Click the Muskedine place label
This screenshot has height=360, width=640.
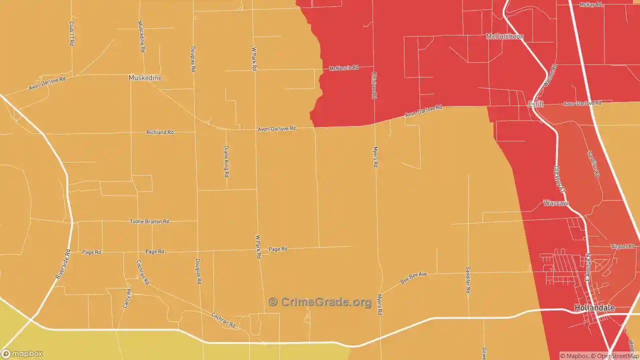point(145,78)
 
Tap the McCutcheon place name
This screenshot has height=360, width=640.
point(505,36)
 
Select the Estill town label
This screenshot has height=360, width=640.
point(536,104)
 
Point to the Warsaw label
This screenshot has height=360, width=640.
point(555,203)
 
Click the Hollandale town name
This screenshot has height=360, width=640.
point(594,308)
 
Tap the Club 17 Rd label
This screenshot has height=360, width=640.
point(72,33)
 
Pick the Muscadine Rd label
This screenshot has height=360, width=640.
point(141,36)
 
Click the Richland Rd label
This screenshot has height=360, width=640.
point(160,132)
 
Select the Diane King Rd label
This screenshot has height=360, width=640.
point(226,161)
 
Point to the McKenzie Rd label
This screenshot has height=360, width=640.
point(344,67)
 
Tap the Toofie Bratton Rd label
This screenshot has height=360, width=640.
point(149,221)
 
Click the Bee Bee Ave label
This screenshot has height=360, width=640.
point(413,278)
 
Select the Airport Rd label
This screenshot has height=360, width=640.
point(622,246)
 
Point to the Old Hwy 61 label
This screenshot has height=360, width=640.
point(559,179)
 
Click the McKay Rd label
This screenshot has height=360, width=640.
point(591,4)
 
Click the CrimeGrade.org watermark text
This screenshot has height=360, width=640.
point(320,302)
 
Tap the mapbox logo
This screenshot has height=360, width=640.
point(22,353)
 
